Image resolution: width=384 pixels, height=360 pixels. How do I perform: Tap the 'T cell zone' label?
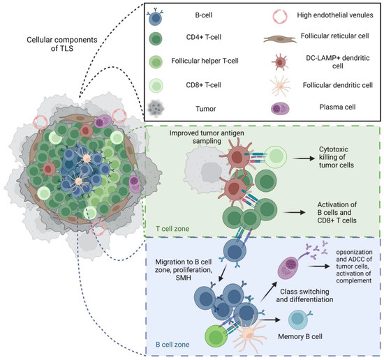point(170,228)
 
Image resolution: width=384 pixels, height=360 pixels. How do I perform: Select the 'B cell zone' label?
point(170,343)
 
